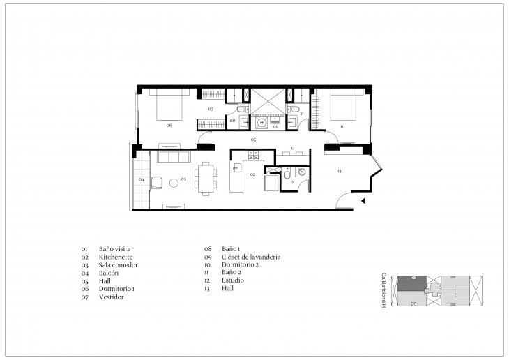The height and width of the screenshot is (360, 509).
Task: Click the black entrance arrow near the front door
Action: click(363, 202)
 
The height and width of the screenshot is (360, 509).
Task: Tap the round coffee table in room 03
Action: click(174, 182)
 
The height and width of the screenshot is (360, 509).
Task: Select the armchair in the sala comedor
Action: click(155, 183)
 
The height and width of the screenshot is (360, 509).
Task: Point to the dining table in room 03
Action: click(206, 179)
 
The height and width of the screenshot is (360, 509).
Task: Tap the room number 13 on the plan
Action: click(339, 171)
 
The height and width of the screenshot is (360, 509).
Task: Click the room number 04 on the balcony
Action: click(142, 179)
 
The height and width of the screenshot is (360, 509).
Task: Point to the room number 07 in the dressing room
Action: click(211, 110)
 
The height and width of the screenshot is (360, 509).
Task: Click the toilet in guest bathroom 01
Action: click(287, 175)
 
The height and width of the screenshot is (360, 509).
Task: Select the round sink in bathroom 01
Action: click(301, 172)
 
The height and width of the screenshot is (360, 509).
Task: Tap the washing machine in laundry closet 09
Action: click(262, 122)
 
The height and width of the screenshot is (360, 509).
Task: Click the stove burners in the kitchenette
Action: click(254, 155)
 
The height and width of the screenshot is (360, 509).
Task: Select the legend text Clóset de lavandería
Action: click(251, 257)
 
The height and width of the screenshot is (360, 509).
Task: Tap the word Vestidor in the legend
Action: click(112, 297)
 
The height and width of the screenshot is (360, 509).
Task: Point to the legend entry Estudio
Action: click(234, 280)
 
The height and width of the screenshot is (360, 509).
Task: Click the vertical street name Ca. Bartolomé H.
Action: click(383, 292)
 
